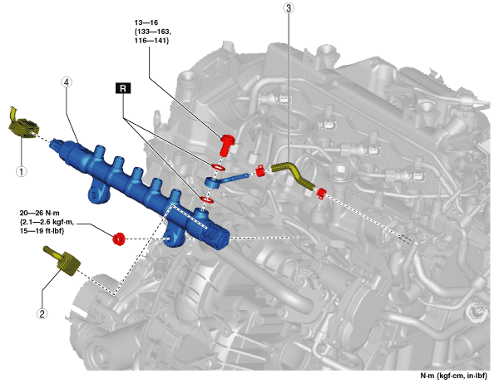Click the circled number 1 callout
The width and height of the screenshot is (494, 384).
21,171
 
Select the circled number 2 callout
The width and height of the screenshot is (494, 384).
42,313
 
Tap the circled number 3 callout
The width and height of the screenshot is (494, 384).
289,7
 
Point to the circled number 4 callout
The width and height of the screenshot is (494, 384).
67,82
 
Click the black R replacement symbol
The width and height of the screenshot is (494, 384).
123,88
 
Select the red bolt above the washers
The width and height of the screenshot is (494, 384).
227,145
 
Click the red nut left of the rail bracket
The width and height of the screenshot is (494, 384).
119,239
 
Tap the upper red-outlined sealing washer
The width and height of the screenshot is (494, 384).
218,167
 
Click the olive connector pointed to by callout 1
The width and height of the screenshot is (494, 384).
23,126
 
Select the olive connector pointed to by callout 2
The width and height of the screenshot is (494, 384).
65,262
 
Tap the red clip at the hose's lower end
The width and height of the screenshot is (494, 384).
321,194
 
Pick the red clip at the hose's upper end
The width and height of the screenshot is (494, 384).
260,170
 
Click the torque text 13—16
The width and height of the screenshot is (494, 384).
146,22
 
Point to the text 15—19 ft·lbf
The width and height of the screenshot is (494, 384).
42,231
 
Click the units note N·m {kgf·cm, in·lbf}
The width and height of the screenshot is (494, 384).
453,376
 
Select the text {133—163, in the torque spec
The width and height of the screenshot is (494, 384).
153,32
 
